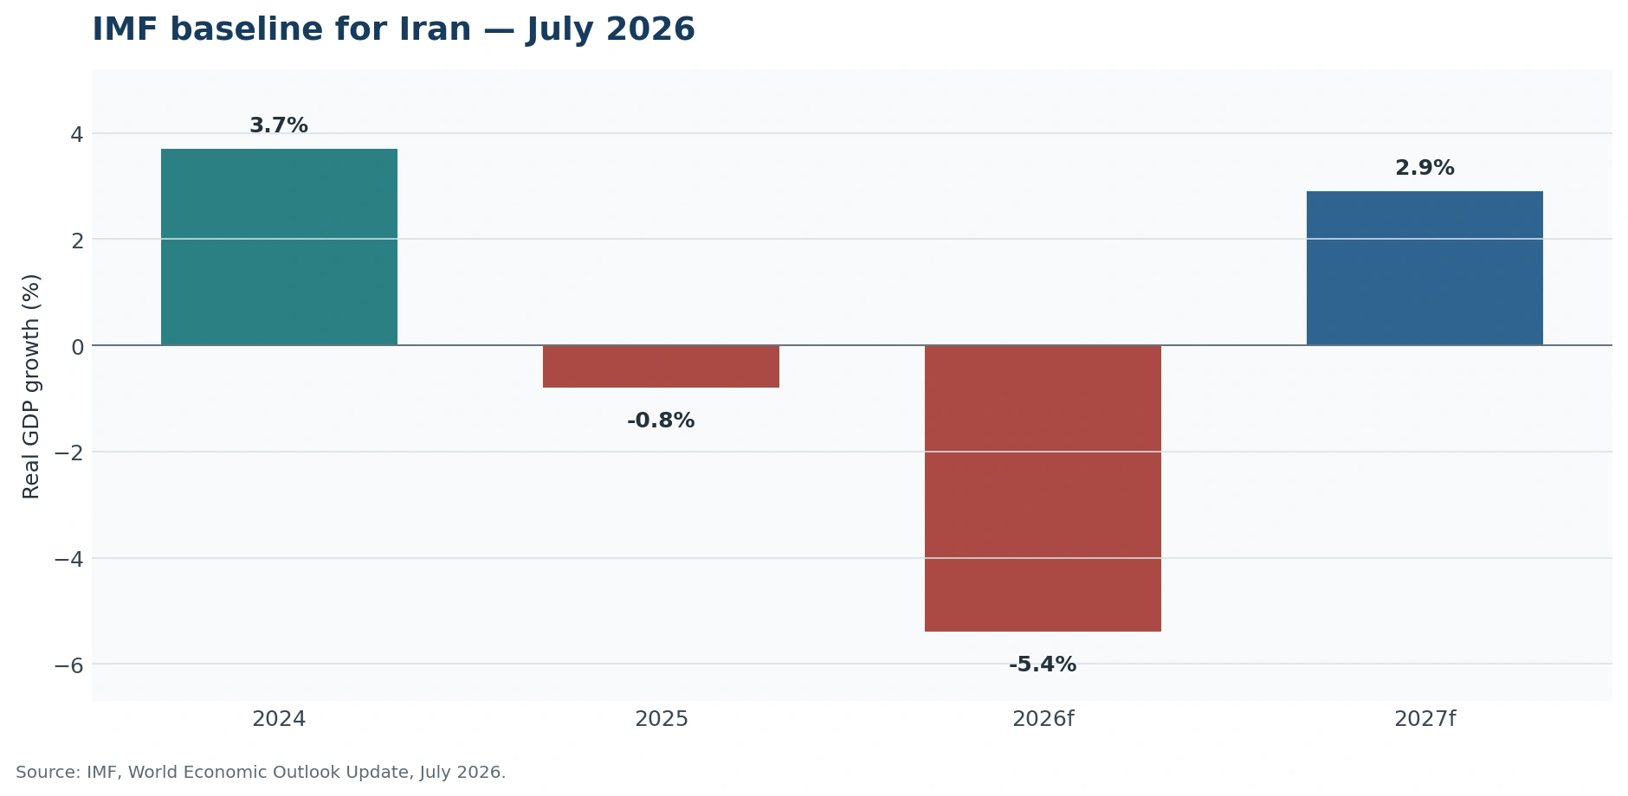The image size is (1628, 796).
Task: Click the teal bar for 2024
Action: [x=279, y=247]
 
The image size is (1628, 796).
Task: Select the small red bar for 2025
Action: [x=661, y=366]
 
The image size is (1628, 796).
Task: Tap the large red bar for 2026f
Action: [x=1043, y=488]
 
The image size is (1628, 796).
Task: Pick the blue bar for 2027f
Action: [x=1424, y=268]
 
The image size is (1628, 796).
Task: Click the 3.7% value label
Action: [x=279, y=125]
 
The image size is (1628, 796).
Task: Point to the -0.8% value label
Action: [x=661, y=420]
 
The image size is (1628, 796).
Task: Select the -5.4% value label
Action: [x=1043, y=664]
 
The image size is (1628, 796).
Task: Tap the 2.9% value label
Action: [x=1424, y=168]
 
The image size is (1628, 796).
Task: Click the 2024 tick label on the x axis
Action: [x=279, y=719]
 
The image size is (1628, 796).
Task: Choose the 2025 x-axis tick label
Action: [x=662, y=719]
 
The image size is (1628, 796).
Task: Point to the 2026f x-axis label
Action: [x=1043, y=719]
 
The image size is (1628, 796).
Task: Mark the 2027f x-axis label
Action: [x=1424, y=719]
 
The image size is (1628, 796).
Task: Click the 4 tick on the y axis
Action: [x=77, y=134]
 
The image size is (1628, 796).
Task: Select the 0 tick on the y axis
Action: [x=77, y=346]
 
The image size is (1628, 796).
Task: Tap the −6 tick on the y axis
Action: [x=68, y=664]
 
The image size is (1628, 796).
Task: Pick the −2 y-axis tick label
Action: [x=68, y=453]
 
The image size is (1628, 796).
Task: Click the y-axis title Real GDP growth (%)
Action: [x=31, y=386]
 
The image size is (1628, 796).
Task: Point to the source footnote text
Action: [x=261, y=773]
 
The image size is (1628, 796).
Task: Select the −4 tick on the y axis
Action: [x=68, y=559]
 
